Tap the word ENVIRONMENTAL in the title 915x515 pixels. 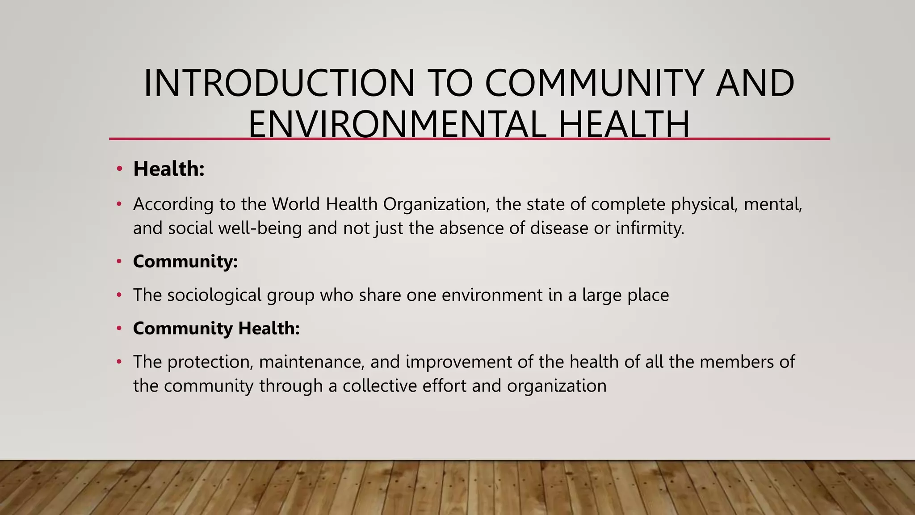coord(397,124)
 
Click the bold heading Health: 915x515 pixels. coord(169,169)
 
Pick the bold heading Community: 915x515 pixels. coord(185,262)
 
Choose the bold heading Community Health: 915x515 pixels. coord(216,329)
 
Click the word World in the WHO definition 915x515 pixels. coord(296,204)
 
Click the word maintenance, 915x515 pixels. coord(312,362)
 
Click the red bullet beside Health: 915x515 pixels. coord(119,169)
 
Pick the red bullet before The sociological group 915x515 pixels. coord(119,295)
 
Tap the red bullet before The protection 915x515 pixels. coord(119,362)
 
